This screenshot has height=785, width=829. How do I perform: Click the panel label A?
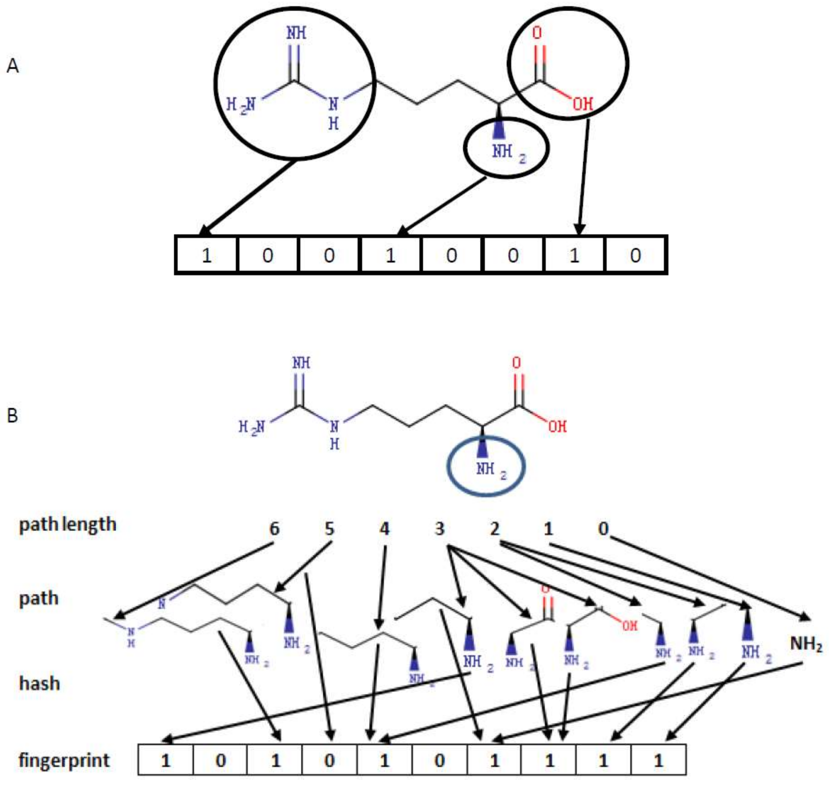point(13,66)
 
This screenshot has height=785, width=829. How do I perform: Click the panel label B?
point(13,416)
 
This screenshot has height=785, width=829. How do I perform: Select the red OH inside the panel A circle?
point(582,104)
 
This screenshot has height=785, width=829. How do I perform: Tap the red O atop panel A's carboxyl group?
point(537,33)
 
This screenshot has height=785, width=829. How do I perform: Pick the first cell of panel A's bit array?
point(206,255)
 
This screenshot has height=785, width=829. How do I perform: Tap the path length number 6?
point(274,529)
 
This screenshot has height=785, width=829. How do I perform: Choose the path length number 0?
point(603,529)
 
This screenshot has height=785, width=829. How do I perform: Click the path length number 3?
point(439,529)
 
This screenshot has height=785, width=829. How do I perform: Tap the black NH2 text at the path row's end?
point(806,644)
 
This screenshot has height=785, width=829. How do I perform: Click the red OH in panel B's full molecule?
point(558,426)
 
